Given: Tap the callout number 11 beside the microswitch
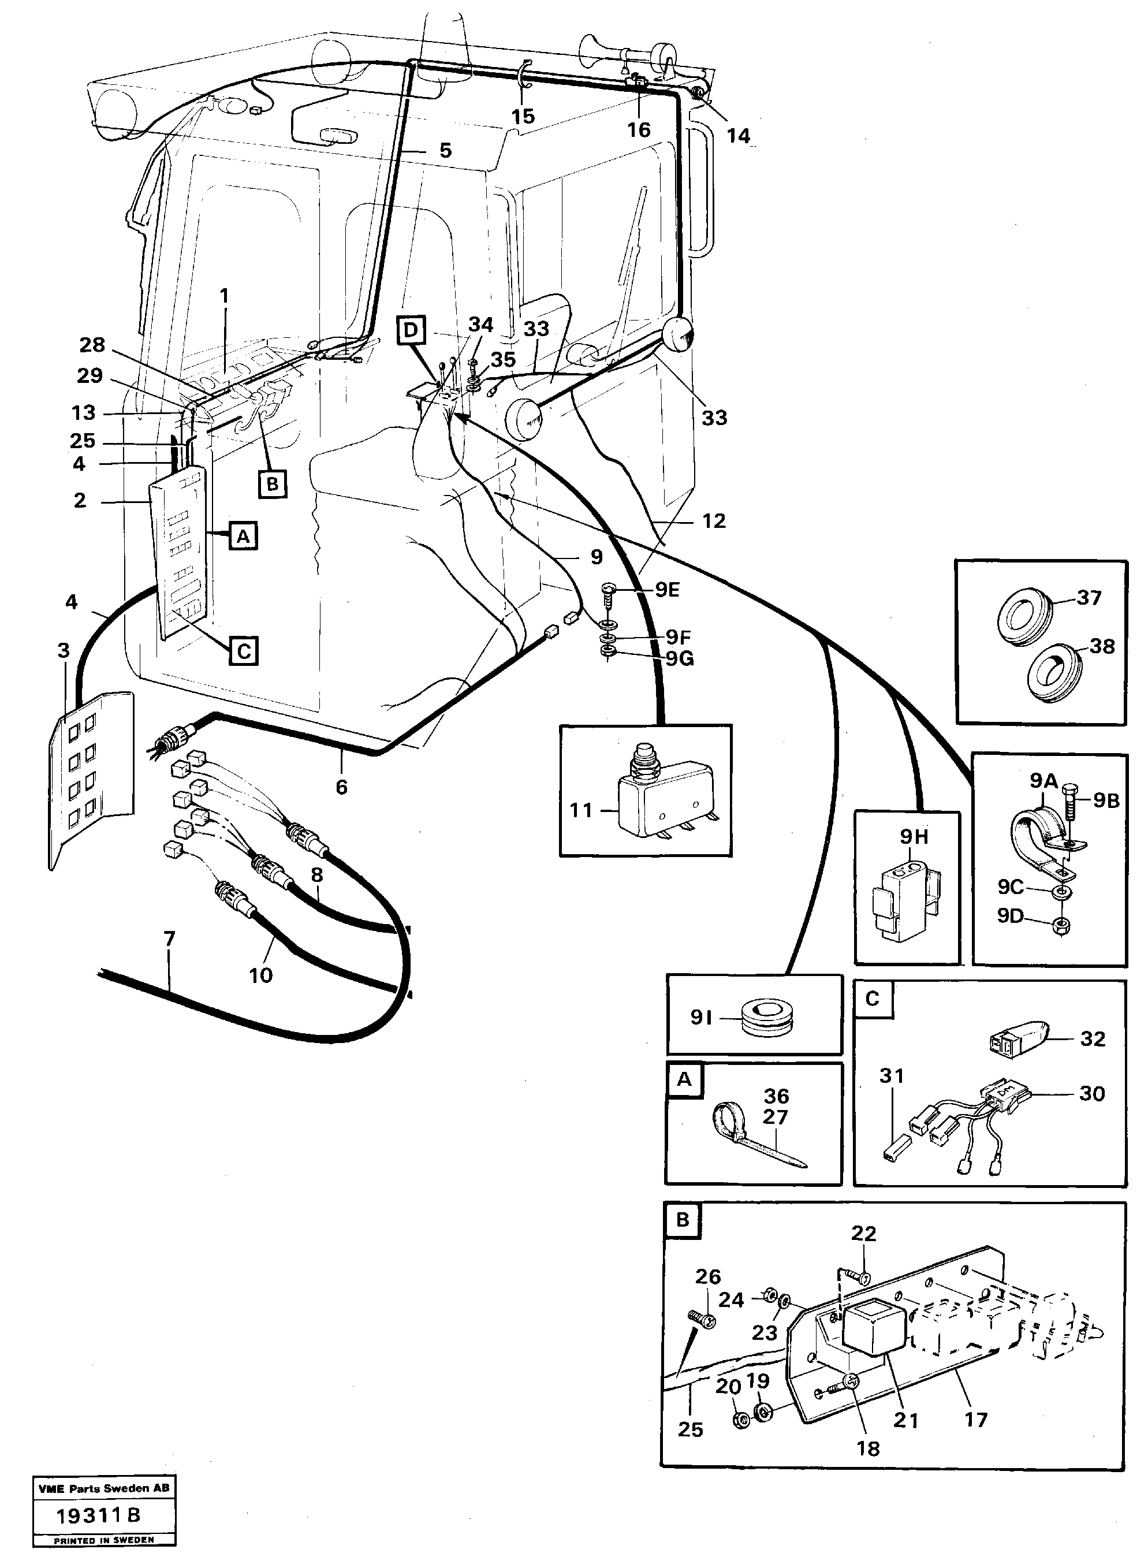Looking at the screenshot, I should tap(581, 810).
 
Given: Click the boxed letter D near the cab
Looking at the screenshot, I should tap(411, 330).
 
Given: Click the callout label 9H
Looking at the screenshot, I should tap(914, 836).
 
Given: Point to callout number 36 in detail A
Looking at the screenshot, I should tap(776, 1096).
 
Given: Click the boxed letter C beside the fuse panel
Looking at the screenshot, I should tap(244, 652).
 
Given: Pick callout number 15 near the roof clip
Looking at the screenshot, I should tap(523, 116).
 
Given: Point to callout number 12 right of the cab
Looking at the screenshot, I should tap(714, 520).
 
